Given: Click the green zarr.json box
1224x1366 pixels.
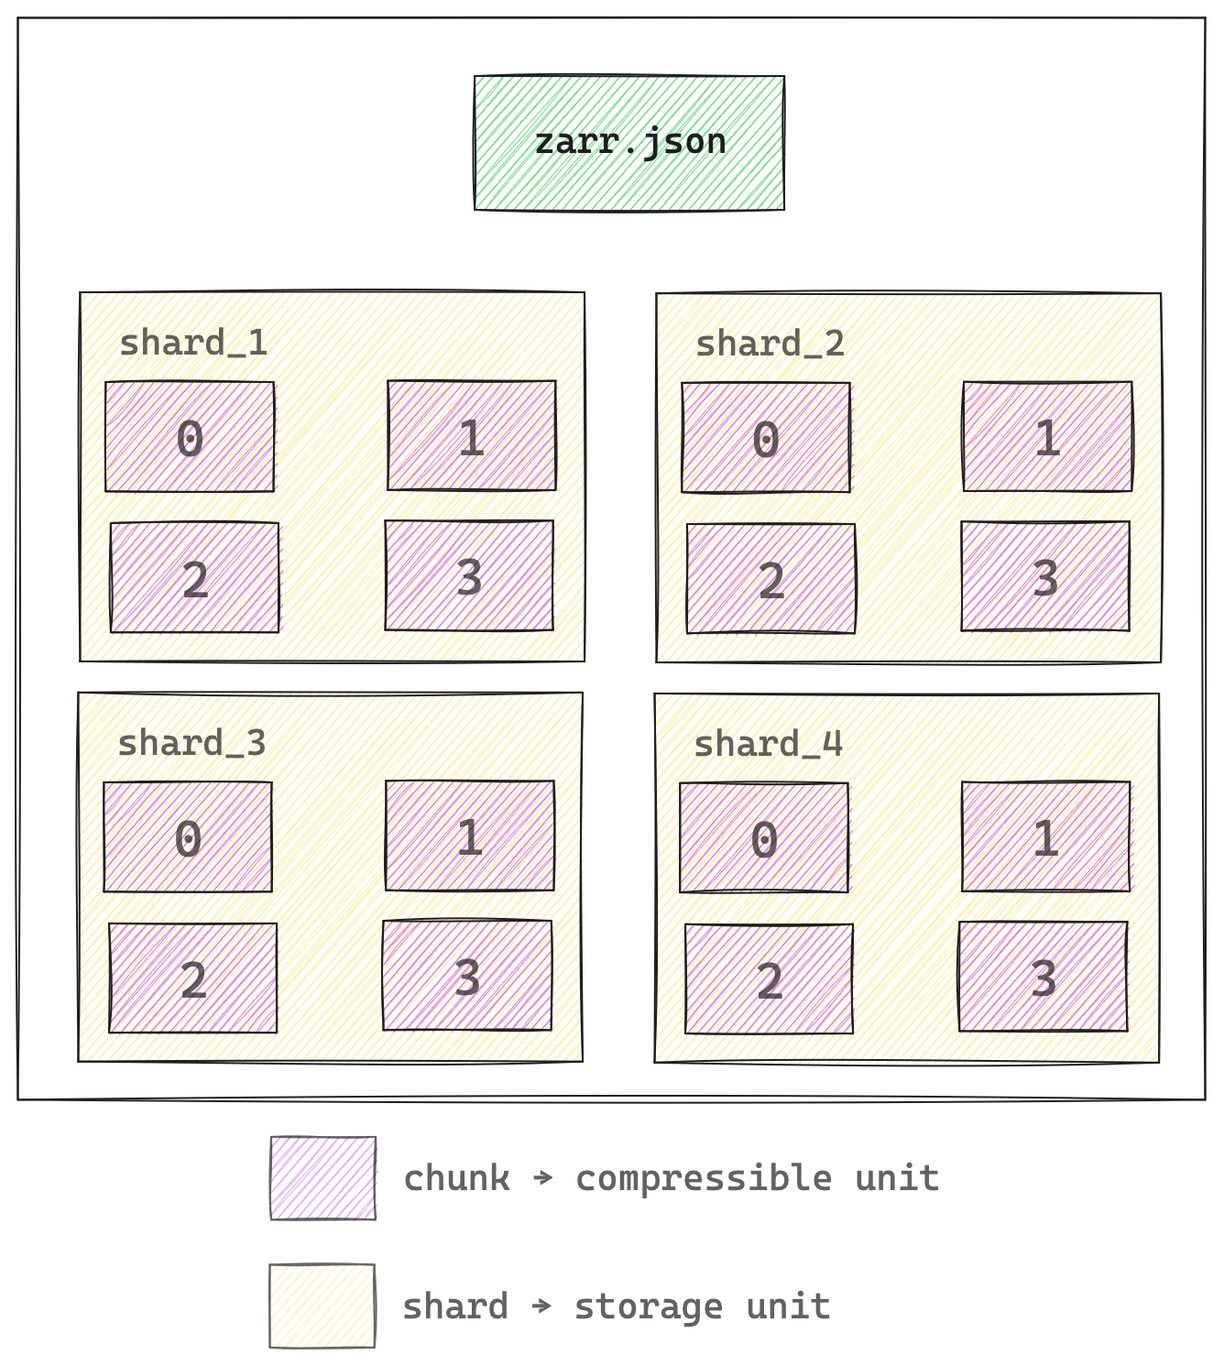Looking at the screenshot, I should click(x=629, y=143).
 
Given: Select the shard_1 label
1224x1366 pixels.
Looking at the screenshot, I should click(x=193, y=344).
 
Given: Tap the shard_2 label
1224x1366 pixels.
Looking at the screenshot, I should click(x=770, y=344).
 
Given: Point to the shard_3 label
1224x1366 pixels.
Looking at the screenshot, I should click(x=191, y=743).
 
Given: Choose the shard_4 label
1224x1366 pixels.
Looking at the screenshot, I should click(x=768, y=744).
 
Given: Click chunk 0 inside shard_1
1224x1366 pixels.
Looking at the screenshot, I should click(x=190, y=437).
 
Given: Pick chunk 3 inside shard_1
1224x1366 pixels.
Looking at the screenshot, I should click(x=469, y=576).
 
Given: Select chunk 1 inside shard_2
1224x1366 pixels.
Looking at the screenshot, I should click(x=1047, y=437).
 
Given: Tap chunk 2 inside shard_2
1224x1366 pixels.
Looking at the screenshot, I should click(x=770, y=579).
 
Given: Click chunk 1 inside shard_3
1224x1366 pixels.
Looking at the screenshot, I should click(x=470, y=836).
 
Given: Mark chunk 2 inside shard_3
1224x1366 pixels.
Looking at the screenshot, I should click(x=192, y=978).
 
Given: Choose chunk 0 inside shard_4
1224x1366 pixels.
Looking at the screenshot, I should click(x=764, y=837).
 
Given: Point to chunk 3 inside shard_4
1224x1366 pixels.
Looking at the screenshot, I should click(x=1043, y=978).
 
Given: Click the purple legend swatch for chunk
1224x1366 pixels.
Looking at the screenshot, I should click(x=322, y=1178).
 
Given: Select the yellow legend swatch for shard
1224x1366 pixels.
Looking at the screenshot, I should click(x=322, y=1306).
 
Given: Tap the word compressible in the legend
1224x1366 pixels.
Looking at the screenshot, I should click(x=704, y=1178).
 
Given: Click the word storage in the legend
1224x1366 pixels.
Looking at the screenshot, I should click(x=649, y=1306).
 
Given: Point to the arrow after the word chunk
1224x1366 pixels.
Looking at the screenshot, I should click(x=543, y=1177).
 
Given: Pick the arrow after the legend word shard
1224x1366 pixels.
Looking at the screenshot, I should click(x=542, y=1306).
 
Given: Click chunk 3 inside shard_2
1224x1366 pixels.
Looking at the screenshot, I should click(x=1045, y=577).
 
